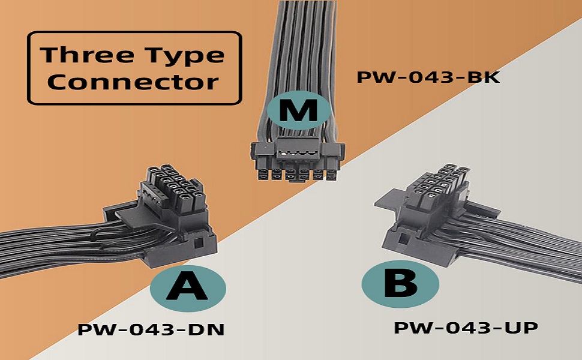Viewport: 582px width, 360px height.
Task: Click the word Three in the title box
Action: (86, 55)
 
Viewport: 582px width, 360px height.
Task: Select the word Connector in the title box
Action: (133, 82)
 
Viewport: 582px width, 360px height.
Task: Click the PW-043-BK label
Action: (428, 77)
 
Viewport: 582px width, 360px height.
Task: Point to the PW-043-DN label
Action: (151, 329)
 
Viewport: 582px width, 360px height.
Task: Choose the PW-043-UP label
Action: (466, 328)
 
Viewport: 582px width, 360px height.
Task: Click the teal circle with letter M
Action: (298, 110)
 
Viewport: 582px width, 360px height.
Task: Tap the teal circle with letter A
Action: (188, 289)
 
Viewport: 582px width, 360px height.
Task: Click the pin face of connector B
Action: (438, 184)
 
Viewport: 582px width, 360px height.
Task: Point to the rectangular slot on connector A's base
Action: (198, 244)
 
